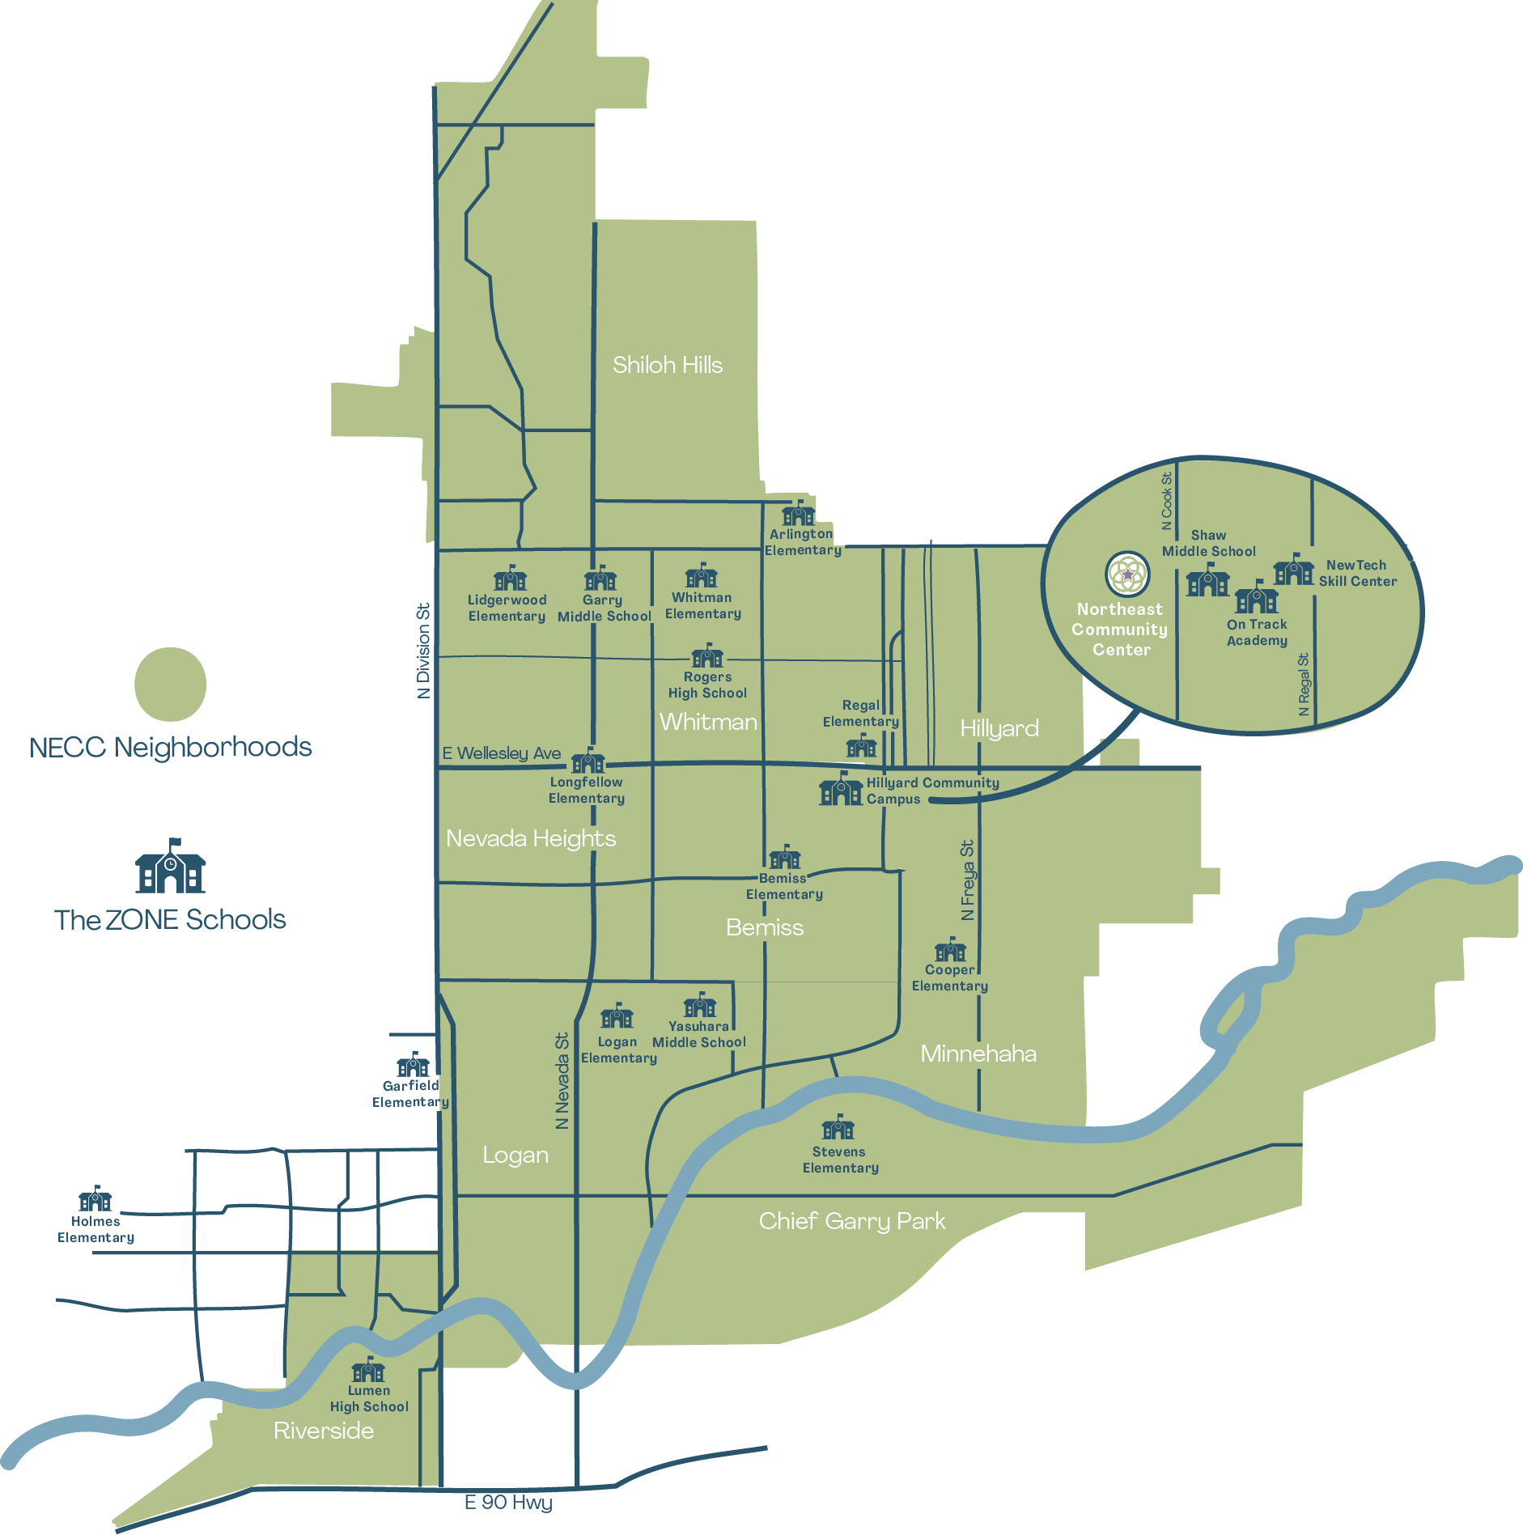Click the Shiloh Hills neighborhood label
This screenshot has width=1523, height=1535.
point(667,365)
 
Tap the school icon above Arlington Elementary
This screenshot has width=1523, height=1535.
point(798,513)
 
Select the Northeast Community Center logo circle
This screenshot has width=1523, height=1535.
point(1127,574)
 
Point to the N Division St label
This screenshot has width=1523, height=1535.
point(423,651)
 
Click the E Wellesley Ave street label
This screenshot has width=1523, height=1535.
point(501,753)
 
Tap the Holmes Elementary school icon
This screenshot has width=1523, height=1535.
point(95,1198)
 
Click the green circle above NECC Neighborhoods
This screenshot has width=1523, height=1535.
point(170,684)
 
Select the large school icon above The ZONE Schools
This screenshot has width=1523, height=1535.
point(170,867)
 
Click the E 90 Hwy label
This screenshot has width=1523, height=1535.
point(508,1503)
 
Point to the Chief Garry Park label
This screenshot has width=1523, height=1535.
point(851,1221)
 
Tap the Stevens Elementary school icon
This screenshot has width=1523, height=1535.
point(838,1127)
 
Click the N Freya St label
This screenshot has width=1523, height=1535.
point(968,880)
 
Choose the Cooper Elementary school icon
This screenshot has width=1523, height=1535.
point(950,950)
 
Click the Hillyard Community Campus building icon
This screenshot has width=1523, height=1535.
point(841,789)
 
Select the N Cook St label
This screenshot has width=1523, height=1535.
point(1166,501)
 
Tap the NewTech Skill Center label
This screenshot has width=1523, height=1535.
point(1357,573)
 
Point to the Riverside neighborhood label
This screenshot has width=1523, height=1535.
point(324,1431)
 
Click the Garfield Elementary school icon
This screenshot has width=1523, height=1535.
point(413,1065)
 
